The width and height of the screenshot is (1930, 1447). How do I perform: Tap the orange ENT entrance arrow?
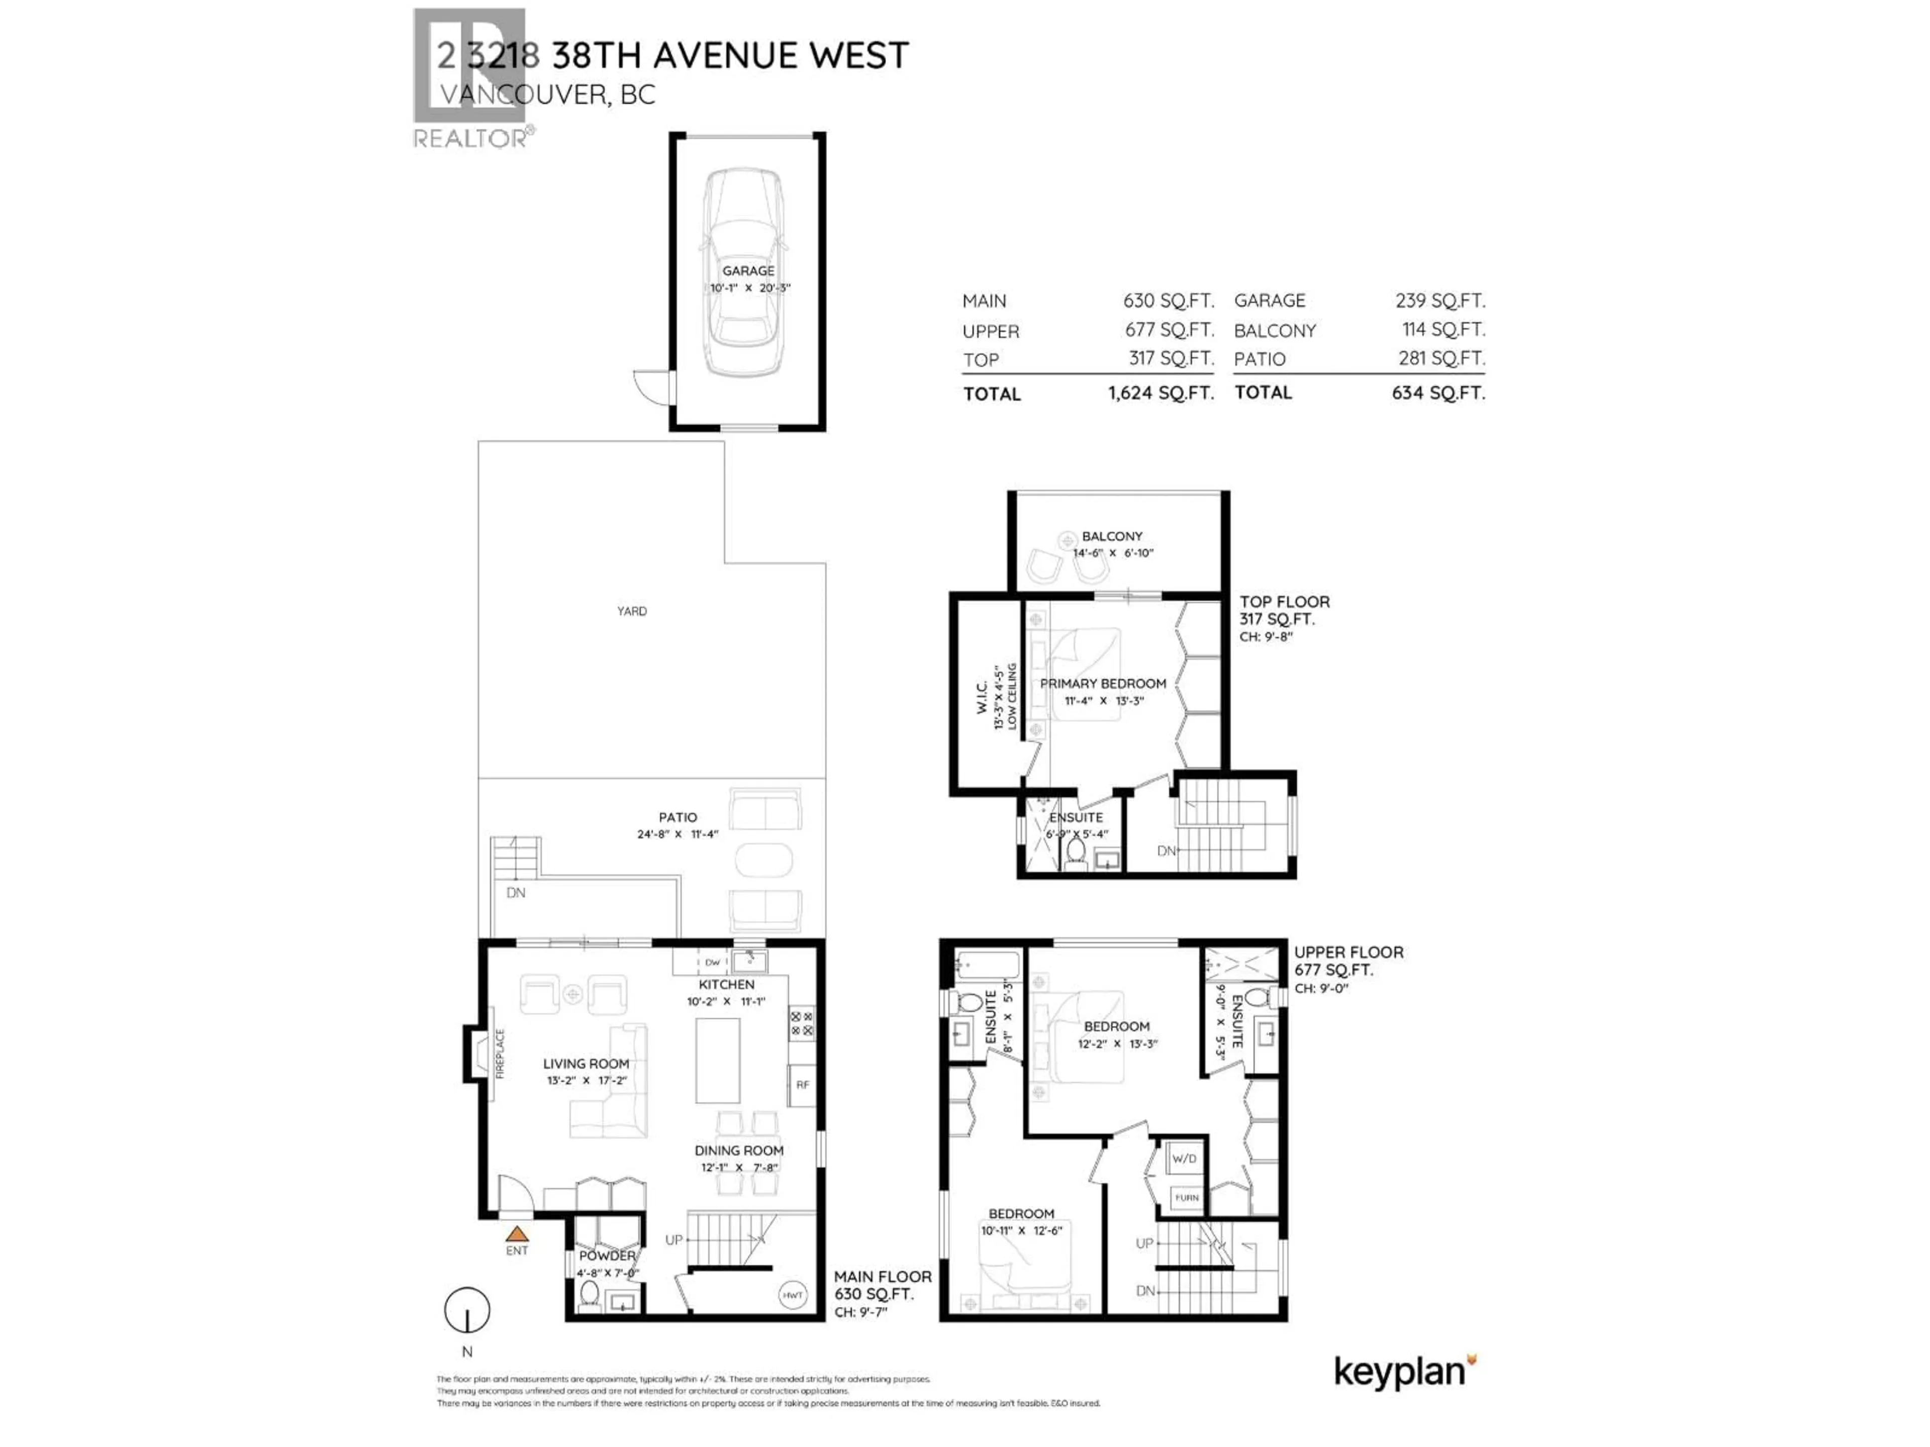[x=517, y=1233]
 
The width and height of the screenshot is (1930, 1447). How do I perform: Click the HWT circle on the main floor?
[x=792, y=1295]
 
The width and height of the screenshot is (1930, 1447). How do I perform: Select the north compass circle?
[x=467, y=1310]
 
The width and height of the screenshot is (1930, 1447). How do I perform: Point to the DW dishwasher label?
[x=713, y=962]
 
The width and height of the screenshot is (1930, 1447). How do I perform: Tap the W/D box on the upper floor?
[x=1184, y=1158]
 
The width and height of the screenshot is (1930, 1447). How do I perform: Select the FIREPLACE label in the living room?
[x=501, y=1054]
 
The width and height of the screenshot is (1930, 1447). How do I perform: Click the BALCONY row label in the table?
[x=1274, y=331]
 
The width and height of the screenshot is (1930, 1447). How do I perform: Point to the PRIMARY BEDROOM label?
[x=1103, y=684]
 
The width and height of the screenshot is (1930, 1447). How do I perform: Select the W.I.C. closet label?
[x=982, y=698]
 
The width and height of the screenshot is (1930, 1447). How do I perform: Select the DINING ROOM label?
[x=739, y=1151]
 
